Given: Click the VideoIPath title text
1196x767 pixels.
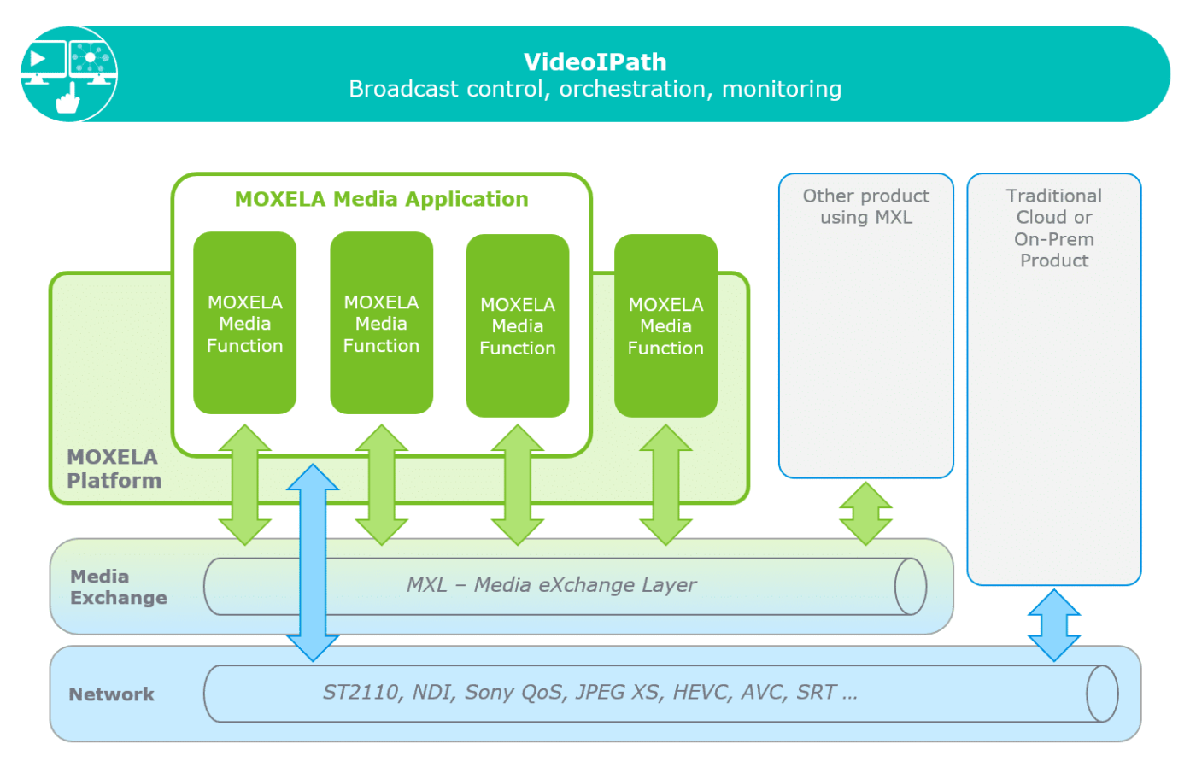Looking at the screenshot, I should (595, 61).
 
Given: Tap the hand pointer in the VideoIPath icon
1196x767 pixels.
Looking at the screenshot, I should (67, 100).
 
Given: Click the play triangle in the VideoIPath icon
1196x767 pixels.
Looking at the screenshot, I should (38, 58).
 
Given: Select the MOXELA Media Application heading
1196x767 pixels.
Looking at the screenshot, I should (381, 199).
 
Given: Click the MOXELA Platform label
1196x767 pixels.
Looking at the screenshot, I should (114, 469).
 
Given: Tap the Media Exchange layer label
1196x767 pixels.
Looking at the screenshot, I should (118, 587).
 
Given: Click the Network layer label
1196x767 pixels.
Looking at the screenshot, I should (111, 694).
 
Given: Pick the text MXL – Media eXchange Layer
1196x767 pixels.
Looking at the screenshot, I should (551, 585).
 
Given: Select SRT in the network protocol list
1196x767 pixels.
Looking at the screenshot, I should (817, 692).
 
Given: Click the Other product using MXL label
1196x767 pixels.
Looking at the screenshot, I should (865, 207).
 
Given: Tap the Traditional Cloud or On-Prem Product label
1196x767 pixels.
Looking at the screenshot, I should (1053, 228).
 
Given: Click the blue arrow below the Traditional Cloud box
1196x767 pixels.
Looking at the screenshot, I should (1053, 625).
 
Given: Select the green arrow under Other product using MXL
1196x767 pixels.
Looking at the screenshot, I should (865, 513).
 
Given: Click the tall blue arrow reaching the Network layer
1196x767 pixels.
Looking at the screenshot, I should (313, 563).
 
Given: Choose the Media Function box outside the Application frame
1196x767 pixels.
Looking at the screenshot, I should (665, 325).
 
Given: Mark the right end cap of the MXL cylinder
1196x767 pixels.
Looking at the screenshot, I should (911, 587).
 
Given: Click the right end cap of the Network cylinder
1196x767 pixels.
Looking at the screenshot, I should (1102, 694).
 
